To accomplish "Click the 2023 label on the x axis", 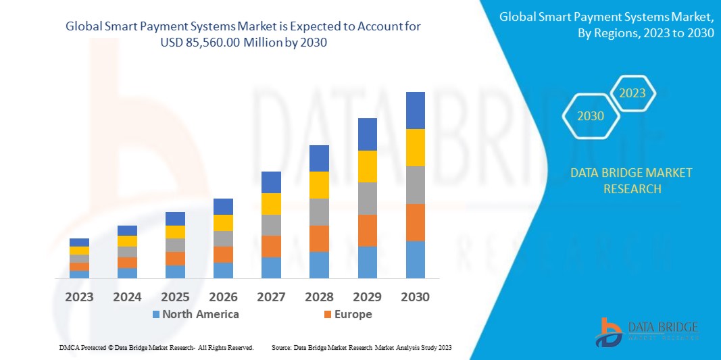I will (x=79, y=297).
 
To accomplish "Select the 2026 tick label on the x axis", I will (x=223, y=297).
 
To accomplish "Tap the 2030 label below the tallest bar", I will (x=415, y=297).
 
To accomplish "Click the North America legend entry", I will (x=195, y=314).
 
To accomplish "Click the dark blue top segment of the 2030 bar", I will (x=415, y=110).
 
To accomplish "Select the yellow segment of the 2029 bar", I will (x=367, y=166).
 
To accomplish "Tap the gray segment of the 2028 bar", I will (x=319, y=211).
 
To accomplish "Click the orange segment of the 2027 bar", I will (x=271, y=246).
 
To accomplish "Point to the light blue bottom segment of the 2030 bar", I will (x=415, y=259).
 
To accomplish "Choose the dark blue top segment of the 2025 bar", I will (x=175, y=218).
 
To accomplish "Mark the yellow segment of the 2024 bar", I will (x=127, y=241).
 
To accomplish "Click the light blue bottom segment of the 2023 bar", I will (x=79, y=274).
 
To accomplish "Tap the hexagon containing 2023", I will (x=632, y=93).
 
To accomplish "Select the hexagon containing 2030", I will (x=591, y=116).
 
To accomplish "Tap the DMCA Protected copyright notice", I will (x=156, y=347).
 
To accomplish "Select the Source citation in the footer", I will (x=361, y=347).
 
